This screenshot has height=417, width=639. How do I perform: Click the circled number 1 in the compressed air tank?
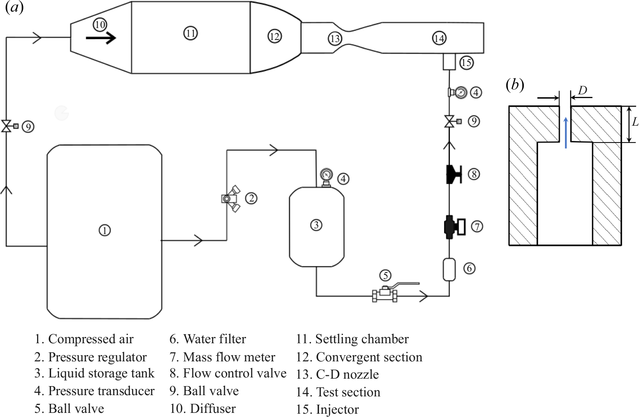105,230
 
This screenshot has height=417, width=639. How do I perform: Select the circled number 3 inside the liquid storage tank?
316,225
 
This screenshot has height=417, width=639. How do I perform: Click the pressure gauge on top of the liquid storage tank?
326,176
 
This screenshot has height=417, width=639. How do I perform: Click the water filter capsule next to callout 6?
449,269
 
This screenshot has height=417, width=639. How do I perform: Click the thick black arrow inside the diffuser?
101,38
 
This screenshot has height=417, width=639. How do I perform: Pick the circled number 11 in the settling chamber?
190,33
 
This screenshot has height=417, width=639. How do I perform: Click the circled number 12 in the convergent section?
274,36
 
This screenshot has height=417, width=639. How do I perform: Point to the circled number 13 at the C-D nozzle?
335,38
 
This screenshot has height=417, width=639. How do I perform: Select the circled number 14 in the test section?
439,38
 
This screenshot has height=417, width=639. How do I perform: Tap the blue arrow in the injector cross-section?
566,132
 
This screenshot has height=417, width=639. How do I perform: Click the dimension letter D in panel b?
582,90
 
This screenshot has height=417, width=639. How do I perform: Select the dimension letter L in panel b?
635,122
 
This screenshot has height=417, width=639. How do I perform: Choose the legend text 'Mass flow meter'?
229,357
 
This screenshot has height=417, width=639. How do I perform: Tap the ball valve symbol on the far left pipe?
7,126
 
